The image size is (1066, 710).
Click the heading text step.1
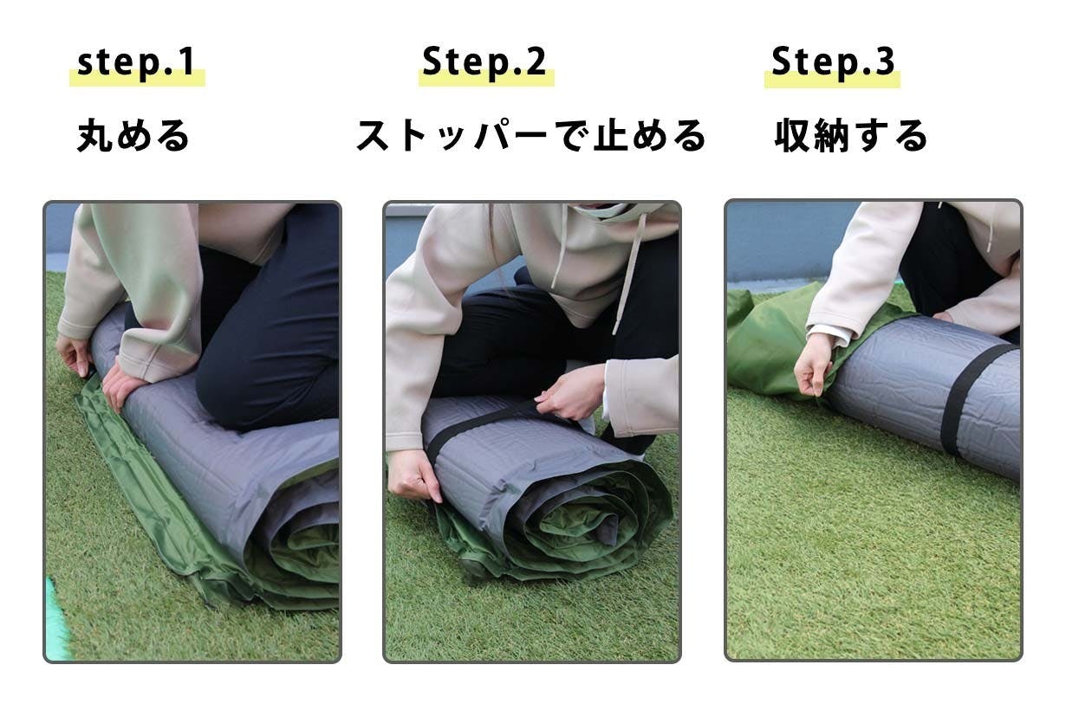pos(135,62)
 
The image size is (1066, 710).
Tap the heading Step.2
pos(484,61)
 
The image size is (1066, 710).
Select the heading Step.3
pos(833,61)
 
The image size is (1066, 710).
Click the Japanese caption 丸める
pos(133,136)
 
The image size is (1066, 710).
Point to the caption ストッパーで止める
pos(531,136)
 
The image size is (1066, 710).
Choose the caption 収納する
pos(851,136)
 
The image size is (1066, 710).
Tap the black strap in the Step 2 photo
pos(481,427)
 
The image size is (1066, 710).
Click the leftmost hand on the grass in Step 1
pos(74,354)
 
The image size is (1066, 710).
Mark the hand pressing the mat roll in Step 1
pos(121,389)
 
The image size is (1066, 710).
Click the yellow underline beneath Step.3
pos(832,80)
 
